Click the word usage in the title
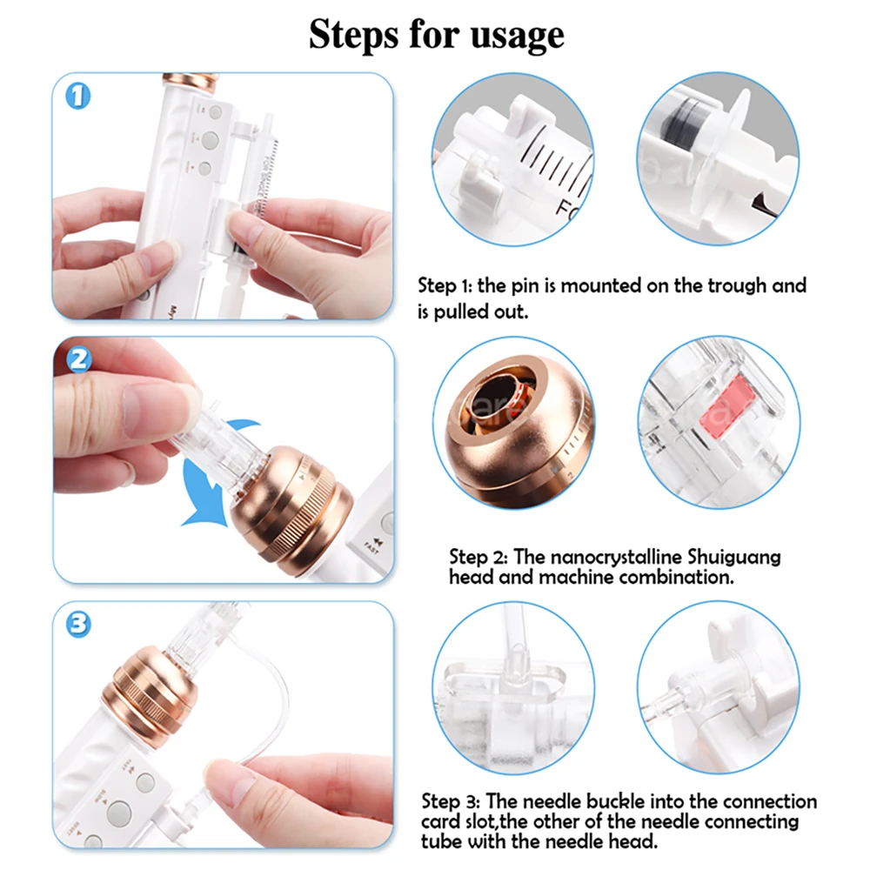click(517, 36)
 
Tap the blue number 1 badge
click(77, 97)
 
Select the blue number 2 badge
click(79, 359)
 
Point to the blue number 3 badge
click(78, 624)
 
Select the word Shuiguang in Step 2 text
click(734, 557)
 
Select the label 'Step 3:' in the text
click(451, 802)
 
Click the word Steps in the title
click(354, 35)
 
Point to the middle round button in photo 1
click(210, 140)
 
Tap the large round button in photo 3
click(119, 813)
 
